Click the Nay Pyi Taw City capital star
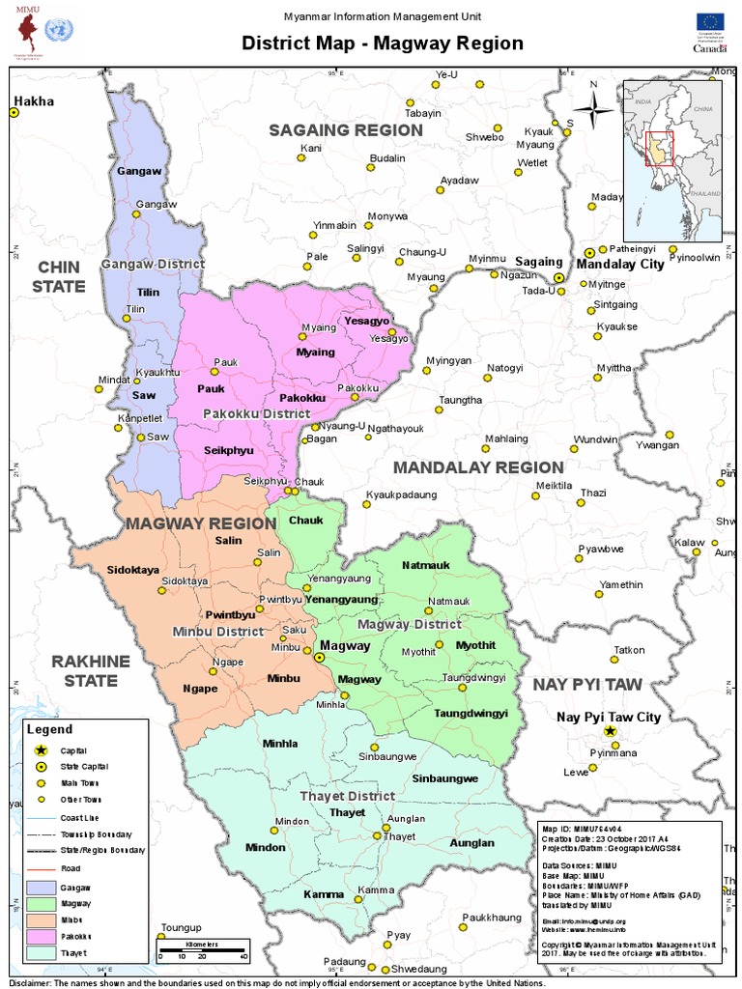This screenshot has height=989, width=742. click(x=609, y=733)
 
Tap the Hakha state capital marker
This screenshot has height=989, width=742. click(x=14, y=113)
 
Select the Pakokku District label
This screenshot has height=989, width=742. click(x=256, y=413)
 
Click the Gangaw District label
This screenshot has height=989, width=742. click(x=153, y=264)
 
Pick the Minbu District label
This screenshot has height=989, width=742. click(x=217, y=632)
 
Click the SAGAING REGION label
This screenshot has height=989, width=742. click(x=332, y=130)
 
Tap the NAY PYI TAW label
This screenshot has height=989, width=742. click(x=586, y=684)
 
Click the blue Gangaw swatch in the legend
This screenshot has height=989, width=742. click(x=42, y=886)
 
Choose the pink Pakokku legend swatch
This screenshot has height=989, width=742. click(x=42, y=936)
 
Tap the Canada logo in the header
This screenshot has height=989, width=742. click(x=708, y=48)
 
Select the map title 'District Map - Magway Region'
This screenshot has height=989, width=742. click(x=382, y=43)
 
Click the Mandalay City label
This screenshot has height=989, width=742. click(x=620, y=264)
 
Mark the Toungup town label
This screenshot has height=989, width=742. click(x=178, y=926)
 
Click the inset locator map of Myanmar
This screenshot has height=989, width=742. click(x=671, y=159)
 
